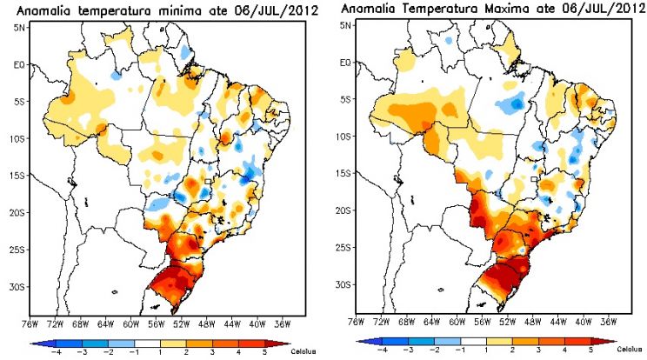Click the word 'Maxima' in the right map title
coord(503,8)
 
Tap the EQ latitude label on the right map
coord(345,63)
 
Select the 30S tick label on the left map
coord(17,287)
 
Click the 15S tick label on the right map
coord(344,173)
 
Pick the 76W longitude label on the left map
coord(30,324)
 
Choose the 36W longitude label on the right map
coord(609,322)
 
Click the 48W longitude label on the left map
coord(207,324)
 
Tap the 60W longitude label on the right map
coord(457,322)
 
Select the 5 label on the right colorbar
coord(590,350)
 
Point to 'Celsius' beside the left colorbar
coord(303,352)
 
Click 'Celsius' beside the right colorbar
coord(630,350)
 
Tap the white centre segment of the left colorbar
coord(147,343)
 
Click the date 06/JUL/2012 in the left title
coord(277,10)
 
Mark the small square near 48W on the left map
coord(208,181)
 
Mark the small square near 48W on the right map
coord(534,179)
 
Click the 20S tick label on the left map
coord(17,213)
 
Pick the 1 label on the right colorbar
coord(487,350)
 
